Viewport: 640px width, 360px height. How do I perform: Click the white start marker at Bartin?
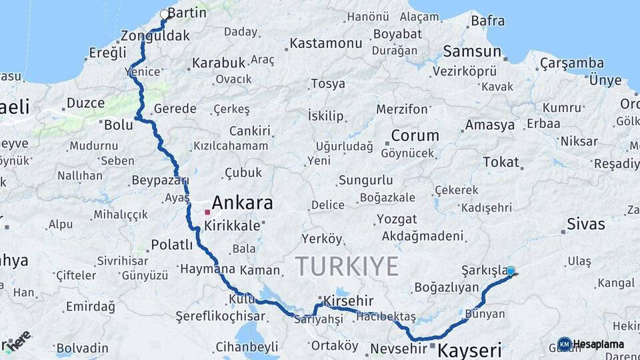(165, 13)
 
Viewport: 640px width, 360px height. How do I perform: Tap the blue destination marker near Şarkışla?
(511, 271)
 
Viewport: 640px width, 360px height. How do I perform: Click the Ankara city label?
(243, 203)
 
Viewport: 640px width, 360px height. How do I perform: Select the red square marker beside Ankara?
(207, 212)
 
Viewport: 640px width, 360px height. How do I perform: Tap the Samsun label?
(472, 51)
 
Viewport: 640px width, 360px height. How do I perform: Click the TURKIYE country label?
(347, 266)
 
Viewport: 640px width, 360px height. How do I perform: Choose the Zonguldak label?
(156, 36)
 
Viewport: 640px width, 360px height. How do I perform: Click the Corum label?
(415, 135)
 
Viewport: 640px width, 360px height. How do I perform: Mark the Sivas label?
(585, 224)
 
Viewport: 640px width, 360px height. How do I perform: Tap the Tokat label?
(501, 162)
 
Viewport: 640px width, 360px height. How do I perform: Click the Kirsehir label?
(348, 301)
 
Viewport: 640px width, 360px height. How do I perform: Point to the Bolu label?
(117, 124)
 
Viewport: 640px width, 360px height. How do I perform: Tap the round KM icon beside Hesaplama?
(565, 344)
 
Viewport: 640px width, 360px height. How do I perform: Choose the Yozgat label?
(397, 219)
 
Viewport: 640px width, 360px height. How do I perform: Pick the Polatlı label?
(172, 245)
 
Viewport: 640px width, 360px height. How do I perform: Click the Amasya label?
(490, 125)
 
